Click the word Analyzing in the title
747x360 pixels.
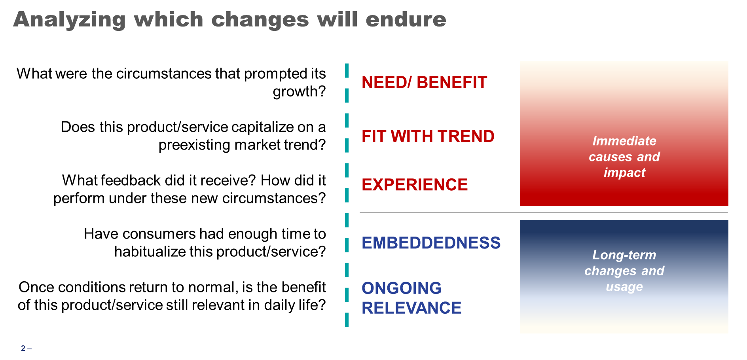[x=69, y=19]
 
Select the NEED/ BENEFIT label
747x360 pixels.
[x=424, y=82]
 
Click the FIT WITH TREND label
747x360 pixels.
[x=428, y=136]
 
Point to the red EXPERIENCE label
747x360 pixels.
[x=415, y=185]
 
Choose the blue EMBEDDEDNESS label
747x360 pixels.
[x=431, y=243]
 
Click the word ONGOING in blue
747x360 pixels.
[x=402, y=288]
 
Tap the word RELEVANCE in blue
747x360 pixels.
[x=411, y=308]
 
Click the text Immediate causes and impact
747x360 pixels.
[x=624, y=157]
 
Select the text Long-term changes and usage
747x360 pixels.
[x=624, y=271]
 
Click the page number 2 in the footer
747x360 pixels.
[x=23, y=349]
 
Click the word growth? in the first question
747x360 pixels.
[x=299, y=92]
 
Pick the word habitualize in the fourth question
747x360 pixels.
[x=149, y=252]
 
